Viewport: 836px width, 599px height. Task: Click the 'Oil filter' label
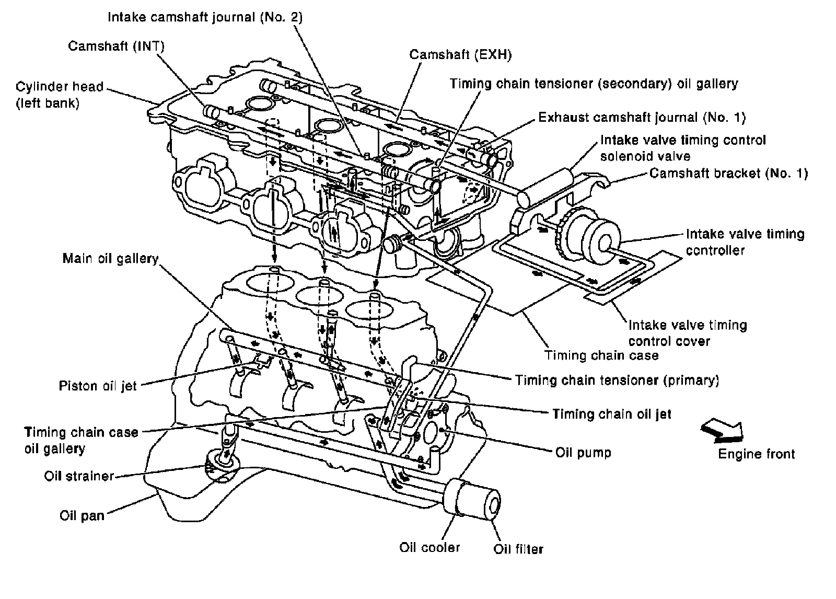point(518,549)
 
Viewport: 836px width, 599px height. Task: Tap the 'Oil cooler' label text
point(429,547)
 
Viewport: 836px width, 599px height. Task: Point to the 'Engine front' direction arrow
point(722,431)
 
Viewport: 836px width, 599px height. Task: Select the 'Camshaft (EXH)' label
point(460,54)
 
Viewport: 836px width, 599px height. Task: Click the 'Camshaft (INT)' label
point(116,46)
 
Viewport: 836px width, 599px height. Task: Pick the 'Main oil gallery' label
point(110,258)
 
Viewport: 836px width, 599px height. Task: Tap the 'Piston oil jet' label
point(98,386)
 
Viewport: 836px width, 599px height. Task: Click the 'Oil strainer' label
point(79,476)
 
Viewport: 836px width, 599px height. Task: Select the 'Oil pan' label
point(82,516)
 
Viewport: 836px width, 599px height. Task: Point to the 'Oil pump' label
point(583,453)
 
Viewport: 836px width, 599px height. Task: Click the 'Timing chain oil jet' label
point(612,414)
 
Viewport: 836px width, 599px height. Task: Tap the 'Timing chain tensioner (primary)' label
point(617,380)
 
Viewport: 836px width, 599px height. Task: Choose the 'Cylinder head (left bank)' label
point(60,95)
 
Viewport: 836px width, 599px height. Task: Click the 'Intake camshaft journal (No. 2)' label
point(205,17)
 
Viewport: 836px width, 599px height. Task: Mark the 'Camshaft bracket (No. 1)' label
point(728,174)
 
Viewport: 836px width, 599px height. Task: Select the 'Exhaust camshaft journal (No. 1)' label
point(642,118)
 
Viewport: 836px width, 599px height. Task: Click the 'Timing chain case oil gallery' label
point(81,440)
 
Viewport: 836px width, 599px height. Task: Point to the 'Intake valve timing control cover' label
point(688,333)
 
